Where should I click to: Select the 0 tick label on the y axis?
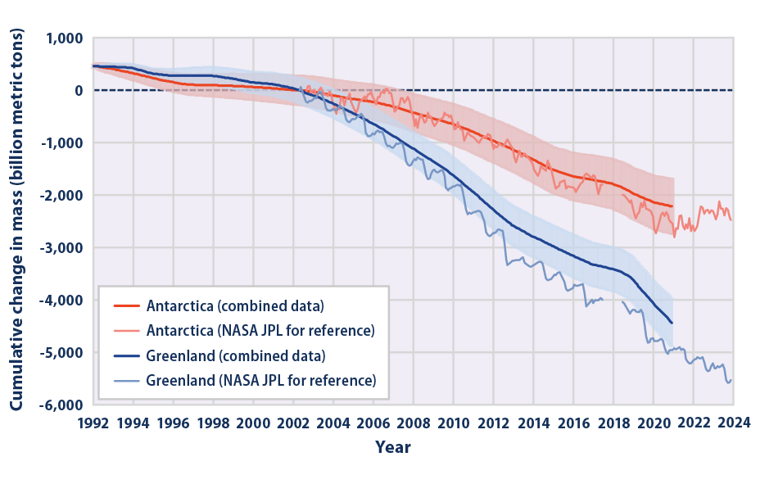(x=79, y=91)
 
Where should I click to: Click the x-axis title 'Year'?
(x=393, y=447)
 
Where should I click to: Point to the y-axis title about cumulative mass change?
(x=17, y=221)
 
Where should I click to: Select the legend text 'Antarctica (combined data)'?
(x=235, y=306)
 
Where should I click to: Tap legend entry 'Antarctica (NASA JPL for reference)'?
(x=260, y=331)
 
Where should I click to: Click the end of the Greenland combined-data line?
(x=672, y=323)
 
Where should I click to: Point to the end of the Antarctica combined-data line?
(x=672, y=206)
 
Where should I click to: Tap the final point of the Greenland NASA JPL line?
(x=731, y=378)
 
